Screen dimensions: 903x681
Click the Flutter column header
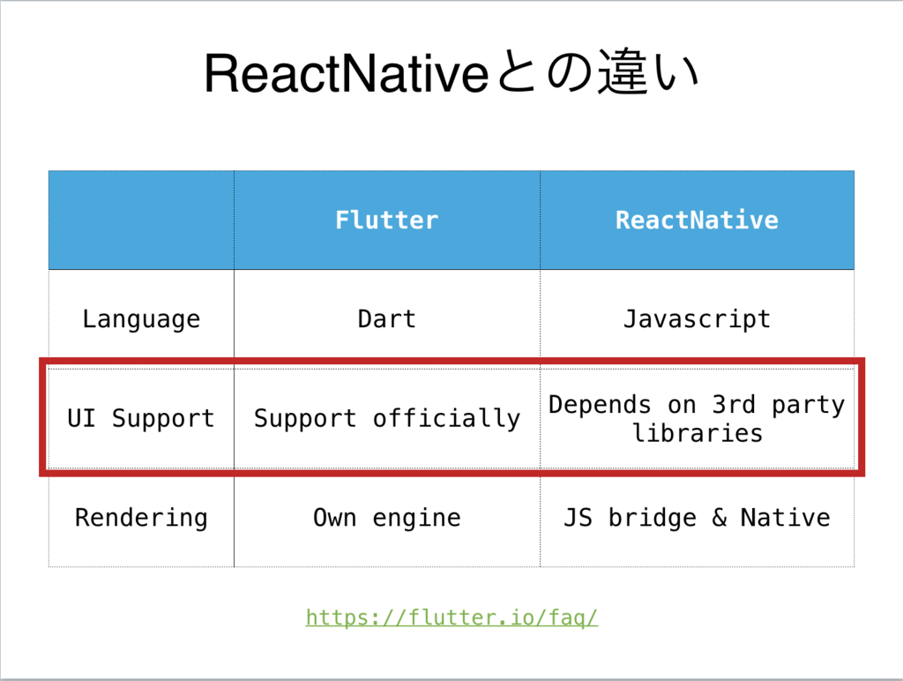tap(386, 220)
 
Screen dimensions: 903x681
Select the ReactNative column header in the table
tap(697, 220)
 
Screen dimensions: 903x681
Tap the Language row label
tap(141, 318)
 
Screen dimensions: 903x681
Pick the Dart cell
tap(386, 318)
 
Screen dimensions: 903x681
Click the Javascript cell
tap(697, 318)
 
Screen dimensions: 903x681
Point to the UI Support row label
tap(141, 418)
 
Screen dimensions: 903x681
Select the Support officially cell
tap(386, 418)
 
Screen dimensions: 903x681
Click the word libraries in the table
tap(697, 433)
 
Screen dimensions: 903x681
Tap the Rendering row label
tap(141, 517)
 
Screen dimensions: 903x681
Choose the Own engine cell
tap(386, 517)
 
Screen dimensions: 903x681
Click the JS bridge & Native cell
tap(697, 517)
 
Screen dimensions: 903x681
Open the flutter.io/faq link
tap(451, 617)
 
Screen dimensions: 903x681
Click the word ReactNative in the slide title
tap(345, 74)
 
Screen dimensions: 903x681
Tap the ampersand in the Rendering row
tap(719, 518)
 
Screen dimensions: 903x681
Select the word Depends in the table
tap(600, 405)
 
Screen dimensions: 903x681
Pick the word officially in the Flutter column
tap(446, 418)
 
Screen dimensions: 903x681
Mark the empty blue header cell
tap(141, 220)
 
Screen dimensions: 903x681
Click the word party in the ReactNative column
tap(808, 405)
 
